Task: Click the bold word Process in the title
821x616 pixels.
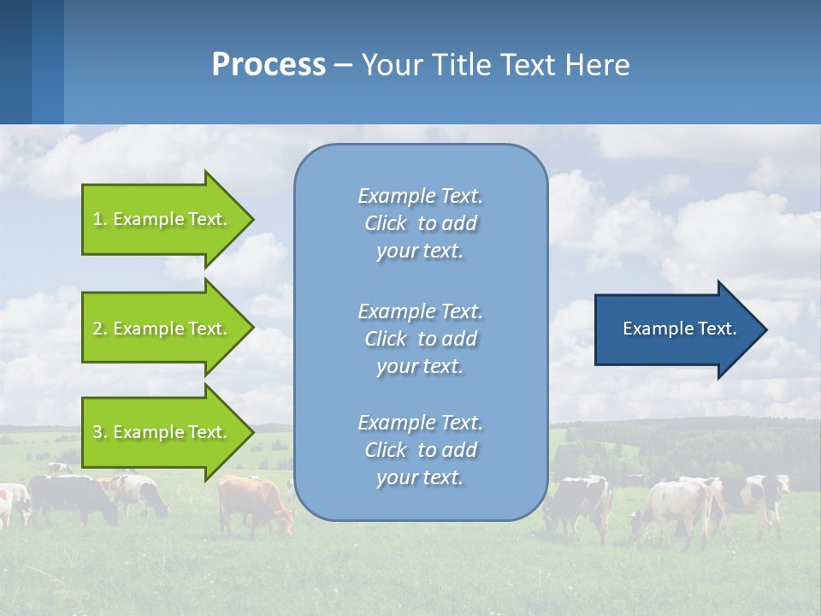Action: pyautogui.click(x=269, y=64)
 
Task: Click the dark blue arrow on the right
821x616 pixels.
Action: pyautogui.click(x=676, y=329)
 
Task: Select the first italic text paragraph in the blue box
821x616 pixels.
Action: pyautogui.click(x=420, y=223)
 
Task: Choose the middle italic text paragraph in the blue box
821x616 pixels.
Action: pyautogui.click(x=420, y=338)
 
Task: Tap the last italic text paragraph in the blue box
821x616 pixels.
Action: pyautogui.click(x=420, y=450)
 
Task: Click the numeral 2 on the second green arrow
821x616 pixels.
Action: pyautogui.click(x=97, y=329)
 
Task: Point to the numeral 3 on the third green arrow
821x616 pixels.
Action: pyautogui.click(x=97, y=432)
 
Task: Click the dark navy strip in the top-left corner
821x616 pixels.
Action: pyautogui.click(x=15, y=60)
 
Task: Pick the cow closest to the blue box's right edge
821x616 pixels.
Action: pyautogui.click(x=579, y=505)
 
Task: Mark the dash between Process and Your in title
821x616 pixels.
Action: pyautogui.click(x=343, y=65)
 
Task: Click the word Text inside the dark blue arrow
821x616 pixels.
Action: pyautogui.click(x=717, y=329)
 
